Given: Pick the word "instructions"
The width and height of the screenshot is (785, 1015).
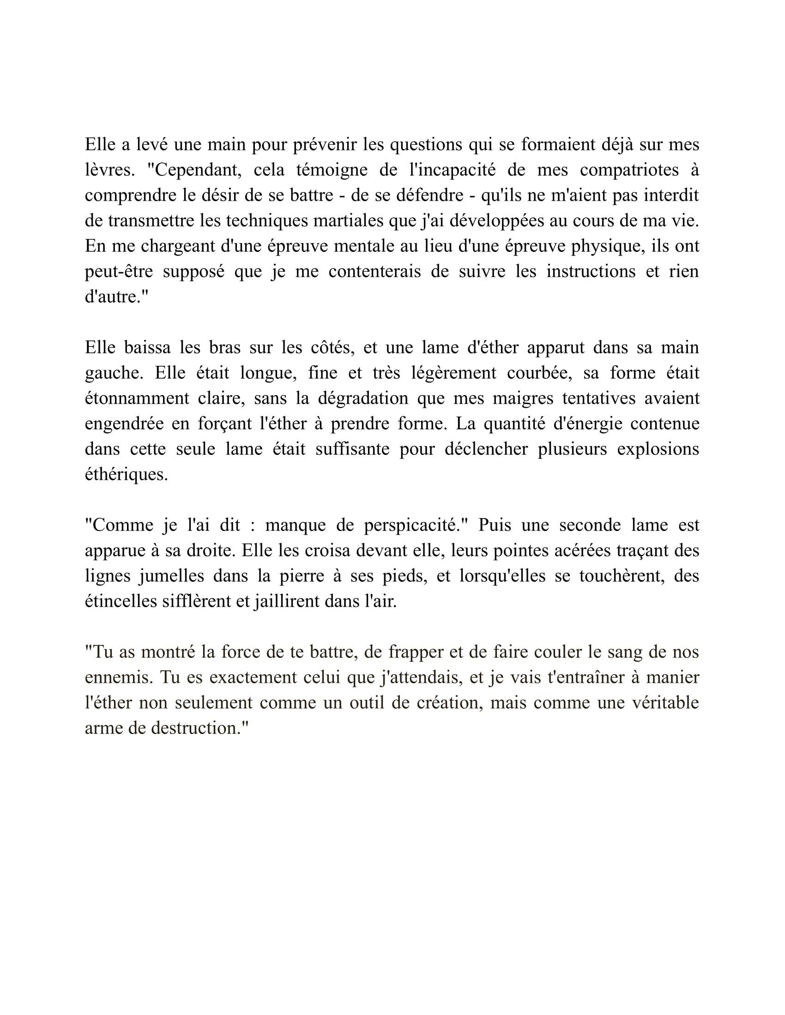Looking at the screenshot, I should point(591,271).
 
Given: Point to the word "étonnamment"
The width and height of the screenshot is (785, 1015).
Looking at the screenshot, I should point(137,398).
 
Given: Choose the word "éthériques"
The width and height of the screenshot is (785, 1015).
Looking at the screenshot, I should point(126,474).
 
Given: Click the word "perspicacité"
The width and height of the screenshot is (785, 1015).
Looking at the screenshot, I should point(415,525).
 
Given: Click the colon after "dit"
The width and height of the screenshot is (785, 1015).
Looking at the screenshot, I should point(253,525).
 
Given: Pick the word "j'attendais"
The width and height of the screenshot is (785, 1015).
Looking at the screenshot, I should point(419,678).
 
